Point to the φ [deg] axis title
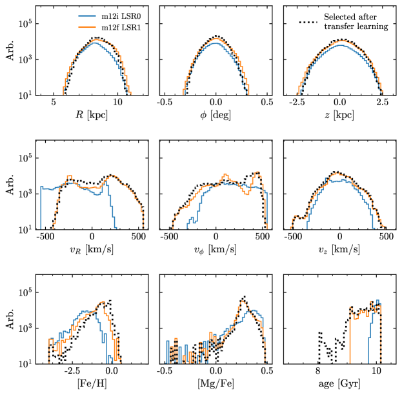tap(216, 116)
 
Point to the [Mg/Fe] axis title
tap(216, 384)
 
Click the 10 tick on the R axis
tap(117, 103)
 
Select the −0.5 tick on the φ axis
tap(166, 103)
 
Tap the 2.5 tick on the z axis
tap(383, 103)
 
